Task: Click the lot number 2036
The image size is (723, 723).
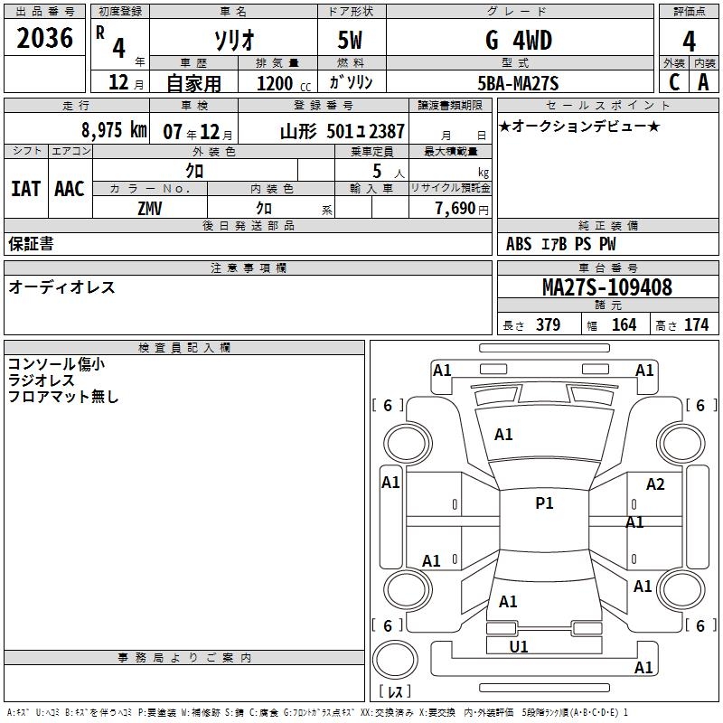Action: (44, 38)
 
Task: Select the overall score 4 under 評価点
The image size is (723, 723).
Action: (689, 42)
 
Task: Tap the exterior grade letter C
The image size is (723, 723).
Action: (674, 82)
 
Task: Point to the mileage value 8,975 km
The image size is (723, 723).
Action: (114, 130)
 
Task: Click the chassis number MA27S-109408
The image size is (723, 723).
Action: (607, 287)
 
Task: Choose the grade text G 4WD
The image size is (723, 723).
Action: (518, 41)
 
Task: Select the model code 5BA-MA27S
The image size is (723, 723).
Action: (518, 83)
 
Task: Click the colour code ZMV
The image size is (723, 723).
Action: (150, 209)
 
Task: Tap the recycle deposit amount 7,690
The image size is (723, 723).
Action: (455, 209)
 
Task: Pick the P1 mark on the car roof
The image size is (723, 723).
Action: (544, 503)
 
